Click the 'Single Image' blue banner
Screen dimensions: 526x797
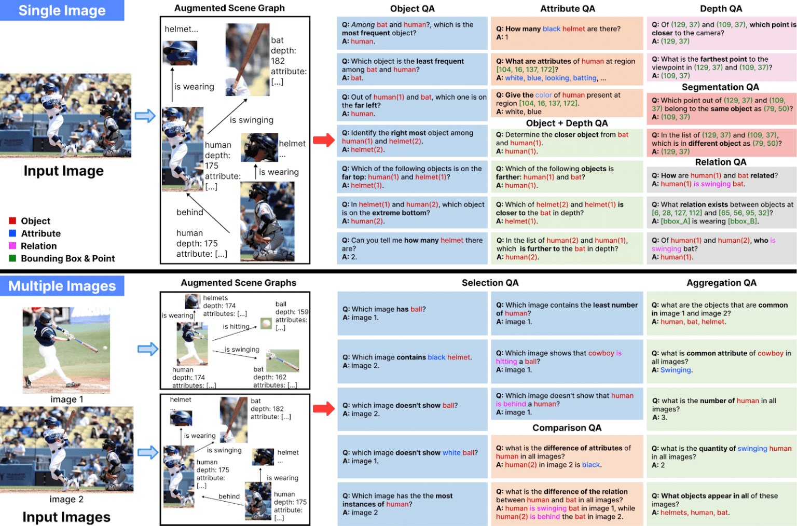coord(62,10)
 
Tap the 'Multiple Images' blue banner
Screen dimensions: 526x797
coord(62,286)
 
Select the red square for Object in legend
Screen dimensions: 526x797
coord(12,220)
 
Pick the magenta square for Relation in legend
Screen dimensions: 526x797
coord(12,245)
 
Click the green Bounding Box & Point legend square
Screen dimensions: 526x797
coord(12,258)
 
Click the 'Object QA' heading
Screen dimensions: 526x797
coord(412,8)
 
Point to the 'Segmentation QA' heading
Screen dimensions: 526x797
coord(720,87)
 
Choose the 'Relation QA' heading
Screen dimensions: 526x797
coord(720,162)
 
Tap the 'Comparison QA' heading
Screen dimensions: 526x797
coord(567,427)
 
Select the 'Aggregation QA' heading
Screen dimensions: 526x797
coord(721,283)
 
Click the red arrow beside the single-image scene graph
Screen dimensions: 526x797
coord(324,140)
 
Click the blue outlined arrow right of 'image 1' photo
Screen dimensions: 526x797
coord(147,349)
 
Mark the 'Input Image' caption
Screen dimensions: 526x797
coord(63,171)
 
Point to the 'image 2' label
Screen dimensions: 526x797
coord(66,499)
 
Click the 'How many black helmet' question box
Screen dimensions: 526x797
coord(567,33)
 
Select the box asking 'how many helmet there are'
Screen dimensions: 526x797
coord(412,248)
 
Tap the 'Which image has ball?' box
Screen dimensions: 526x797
coord(412,313)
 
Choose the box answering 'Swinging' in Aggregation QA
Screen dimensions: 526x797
coord(721,362)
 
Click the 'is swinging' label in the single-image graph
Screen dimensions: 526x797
coord(252,120)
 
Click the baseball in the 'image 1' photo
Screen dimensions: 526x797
coord(105,348)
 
